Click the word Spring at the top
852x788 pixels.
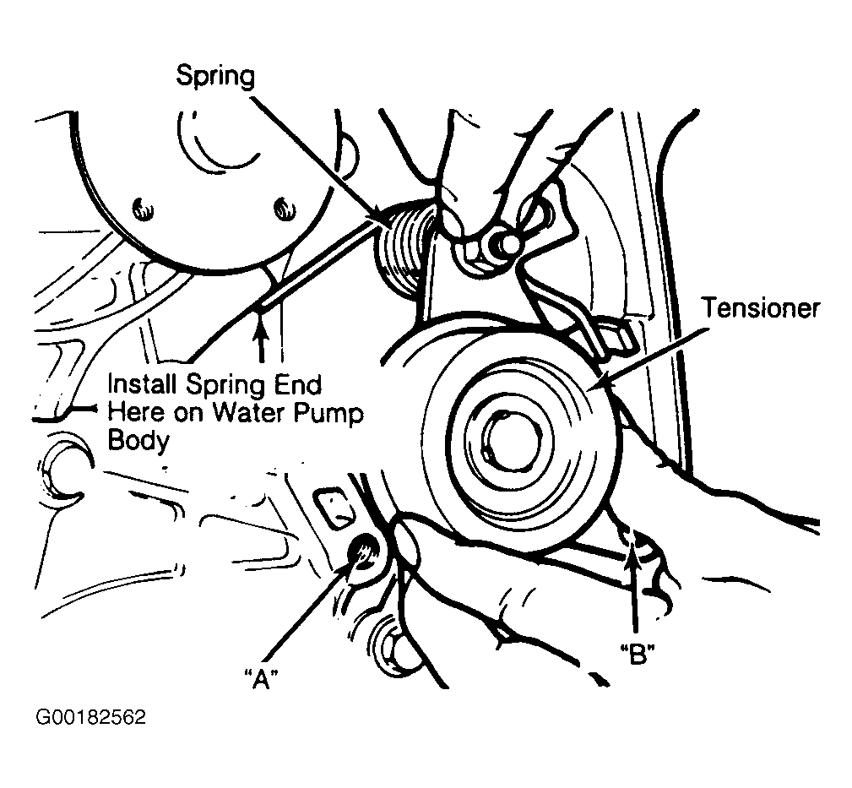click(214, 76)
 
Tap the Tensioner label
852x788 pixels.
click(761, 309)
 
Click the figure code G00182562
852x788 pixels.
click(91, 719)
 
